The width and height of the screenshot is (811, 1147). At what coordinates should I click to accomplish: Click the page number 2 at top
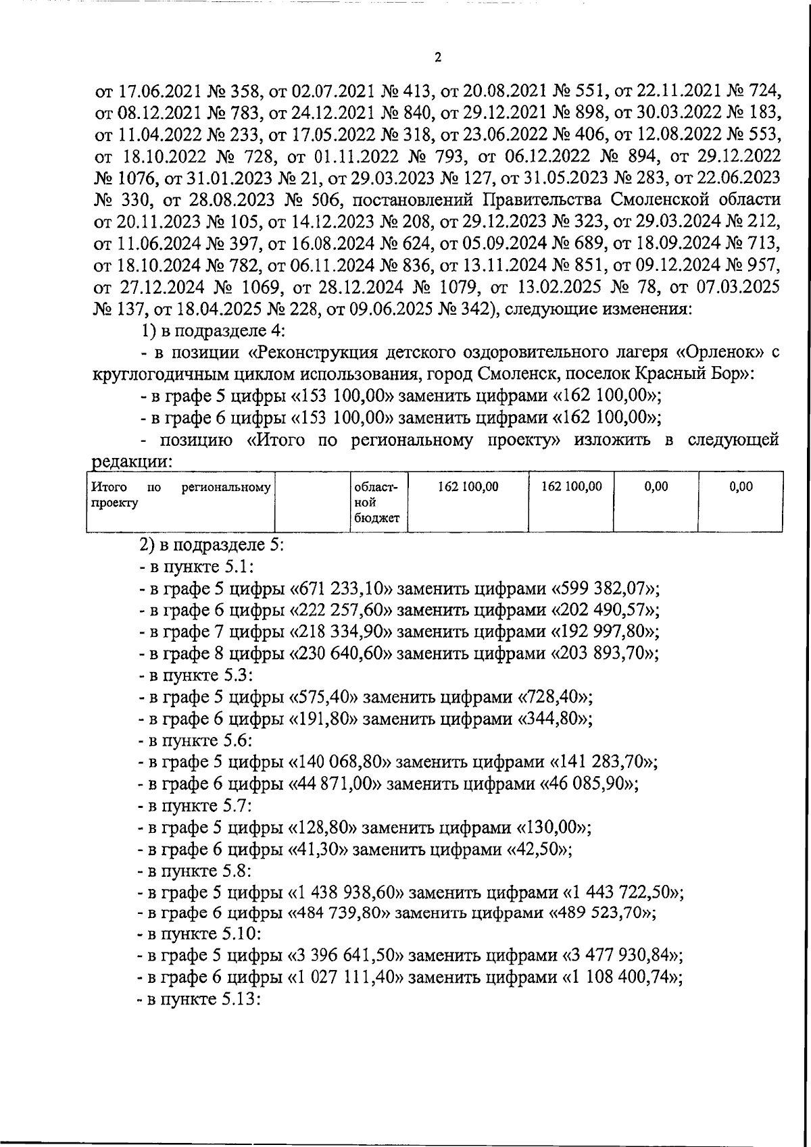(x=437, y=58)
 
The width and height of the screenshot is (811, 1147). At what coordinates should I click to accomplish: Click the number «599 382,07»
(x=602, y=588)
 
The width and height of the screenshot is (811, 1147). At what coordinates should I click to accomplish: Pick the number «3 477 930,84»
(x=622, y=954)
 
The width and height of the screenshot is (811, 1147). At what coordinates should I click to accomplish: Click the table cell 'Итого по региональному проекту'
(x=181, y=495)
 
